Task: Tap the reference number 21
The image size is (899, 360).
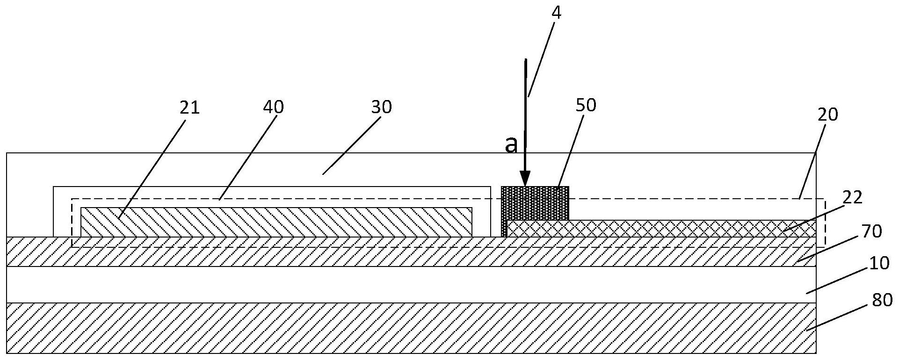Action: pos(189,108)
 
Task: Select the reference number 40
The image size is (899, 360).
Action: pos(273,107)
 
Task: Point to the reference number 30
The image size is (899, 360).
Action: pos(381,107)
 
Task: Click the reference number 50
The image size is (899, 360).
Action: pos(586,105)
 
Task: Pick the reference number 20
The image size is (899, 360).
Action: pos(827,115)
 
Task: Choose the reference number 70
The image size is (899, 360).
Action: pos(871,231)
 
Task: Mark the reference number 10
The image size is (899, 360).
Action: pos(879,264)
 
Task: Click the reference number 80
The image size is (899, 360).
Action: pos(882,300)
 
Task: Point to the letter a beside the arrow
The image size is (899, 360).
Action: pos(512,145)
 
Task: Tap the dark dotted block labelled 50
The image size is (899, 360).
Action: pos(535,203)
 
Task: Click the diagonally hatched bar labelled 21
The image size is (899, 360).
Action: pos(276,222)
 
